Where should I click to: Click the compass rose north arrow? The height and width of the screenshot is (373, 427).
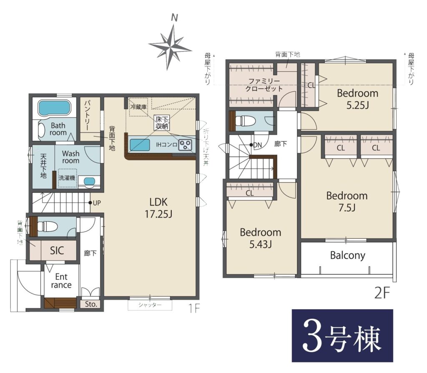(170, 47)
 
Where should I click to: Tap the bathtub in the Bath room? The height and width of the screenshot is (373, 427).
(54, 108)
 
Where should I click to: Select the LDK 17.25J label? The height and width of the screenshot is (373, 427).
(158, 208)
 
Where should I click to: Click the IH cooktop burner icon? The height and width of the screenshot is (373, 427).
(186, 145)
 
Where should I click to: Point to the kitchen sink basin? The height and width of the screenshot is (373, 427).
(140, 145)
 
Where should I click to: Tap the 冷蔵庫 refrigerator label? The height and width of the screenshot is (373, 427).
(138, 107)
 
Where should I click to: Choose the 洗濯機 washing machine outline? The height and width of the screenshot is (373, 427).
(67, 178)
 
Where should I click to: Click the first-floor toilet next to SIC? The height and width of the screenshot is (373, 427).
(47, 226)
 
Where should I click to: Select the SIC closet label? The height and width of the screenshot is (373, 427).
(57, 250)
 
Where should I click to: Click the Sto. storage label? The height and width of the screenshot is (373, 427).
(91, 304)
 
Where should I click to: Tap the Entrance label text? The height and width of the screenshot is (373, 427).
(61, 281)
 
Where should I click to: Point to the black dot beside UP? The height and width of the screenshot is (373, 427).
(90, 203)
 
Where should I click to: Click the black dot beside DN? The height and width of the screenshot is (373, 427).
(251, 145)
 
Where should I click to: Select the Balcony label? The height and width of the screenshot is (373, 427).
(347, 255)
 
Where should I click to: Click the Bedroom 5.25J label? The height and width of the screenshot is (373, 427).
(357, 99)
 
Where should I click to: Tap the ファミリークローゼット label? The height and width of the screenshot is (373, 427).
(264, 85)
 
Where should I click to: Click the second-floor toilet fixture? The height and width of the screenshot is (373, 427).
(245, 120)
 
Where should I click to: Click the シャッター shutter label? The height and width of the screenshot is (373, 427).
(150, 305)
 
